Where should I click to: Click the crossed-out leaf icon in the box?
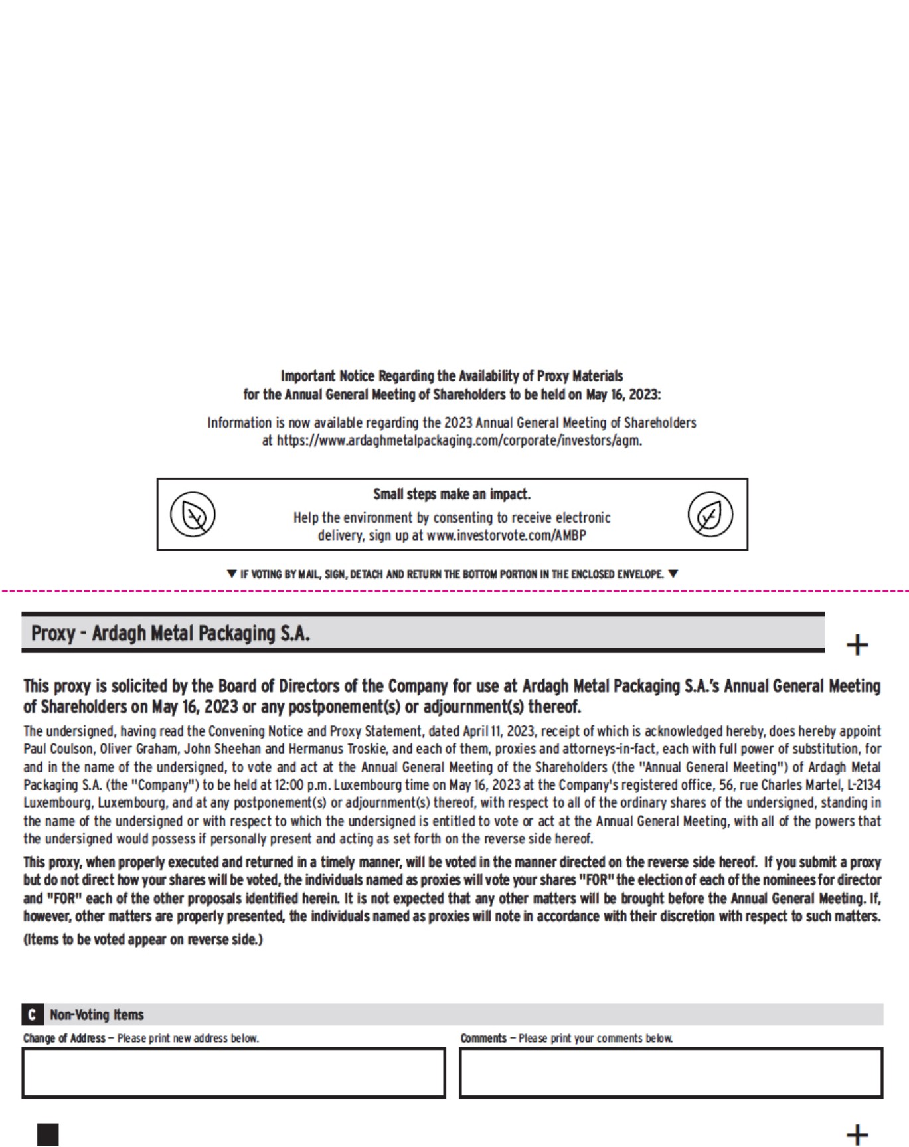(x=193, y=515)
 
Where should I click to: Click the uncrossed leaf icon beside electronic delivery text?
(x=710, y=515)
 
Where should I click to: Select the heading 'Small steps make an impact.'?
(x=452, y=494)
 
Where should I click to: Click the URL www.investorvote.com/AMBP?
(x=506, y=535)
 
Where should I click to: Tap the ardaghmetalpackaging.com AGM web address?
(x=459, y=440)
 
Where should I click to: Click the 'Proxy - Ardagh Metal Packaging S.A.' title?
(x=171, y=633)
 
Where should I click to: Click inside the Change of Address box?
(x=233, y=1073)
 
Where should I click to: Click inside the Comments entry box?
(x=671, y=1073)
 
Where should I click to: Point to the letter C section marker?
(x=31, y=1015)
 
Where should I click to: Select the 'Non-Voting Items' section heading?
(x=97, y=1015)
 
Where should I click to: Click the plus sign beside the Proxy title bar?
(x=857, y=644)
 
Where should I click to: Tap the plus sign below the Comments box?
(x=857, y=1134)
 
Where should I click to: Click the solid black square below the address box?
(x=48, y=1134)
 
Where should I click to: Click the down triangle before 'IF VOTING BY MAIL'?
(x=232, y=574)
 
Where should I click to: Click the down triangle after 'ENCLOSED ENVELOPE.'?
(x=673, y=574)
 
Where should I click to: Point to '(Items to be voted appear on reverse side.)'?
(x=143, y=940)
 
